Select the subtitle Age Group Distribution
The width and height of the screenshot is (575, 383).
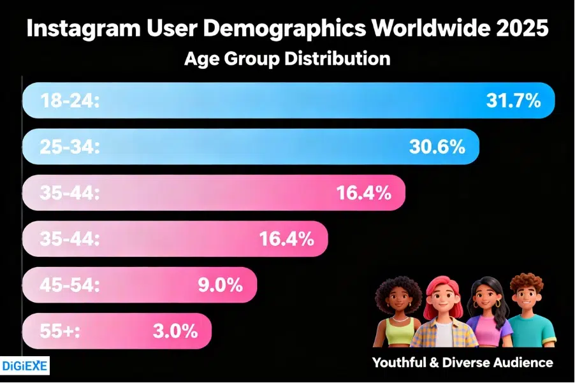(x=287, y=59)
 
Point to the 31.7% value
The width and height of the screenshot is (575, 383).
(x=513, y=101)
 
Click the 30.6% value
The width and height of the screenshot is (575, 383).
(x=437, y=147)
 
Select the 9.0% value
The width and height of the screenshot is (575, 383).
(x=220, y=285)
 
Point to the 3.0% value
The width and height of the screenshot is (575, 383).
(x=175, y=331)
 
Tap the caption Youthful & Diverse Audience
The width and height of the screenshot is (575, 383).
(x=463, y=363)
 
